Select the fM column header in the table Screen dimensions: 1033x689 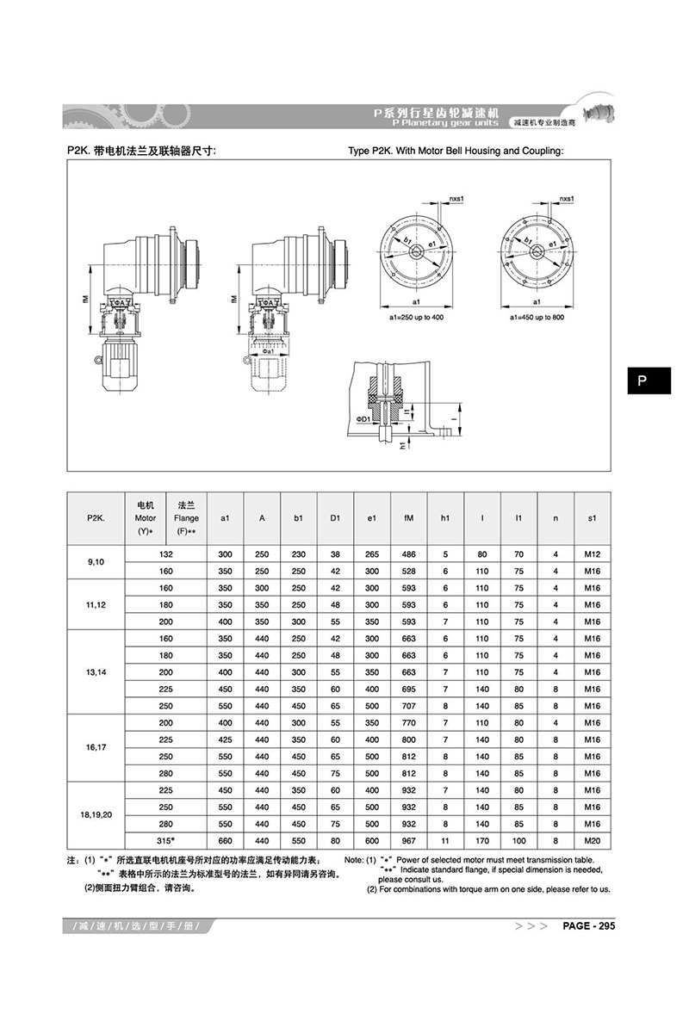(x=408, y=518)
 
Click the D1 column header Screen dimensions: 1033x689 (x=336, y=518)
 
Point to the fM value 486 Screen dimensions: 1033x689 (x=408, y=555)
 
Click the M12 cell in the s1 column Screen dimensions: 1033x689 (x=592, y=555)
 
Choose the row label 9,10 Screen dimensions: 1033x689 (x=96, y=563)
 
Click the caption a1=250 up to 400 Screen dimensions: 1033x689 (x=416, y=318)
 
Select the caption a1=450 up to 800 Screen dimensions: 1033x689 (x=537, y=318)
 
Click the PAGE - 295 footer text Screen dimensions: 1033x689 (x=589, y=926)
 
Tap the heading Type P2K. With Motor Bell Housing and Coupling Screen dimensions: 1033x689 (x=456, y=151)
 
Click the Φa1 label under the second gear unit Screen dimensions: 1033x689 (x=269, y=351)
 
